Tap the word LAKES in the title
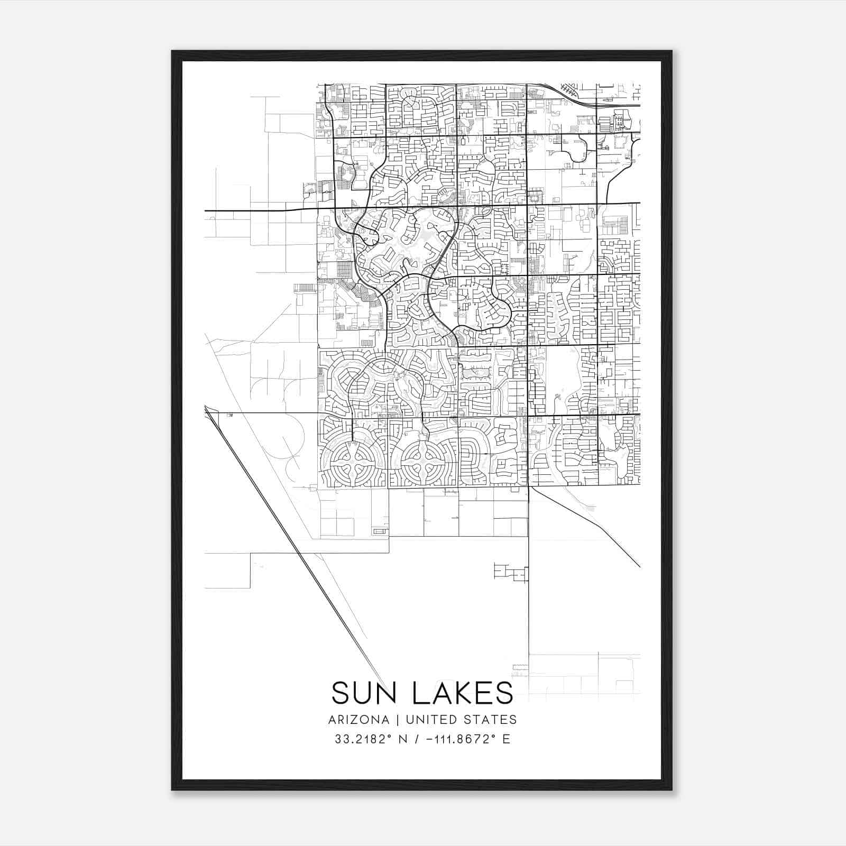tap(462, 693)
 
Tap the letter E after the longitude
tap(507, 739)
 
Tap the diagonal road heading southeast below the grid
tap(587, 529)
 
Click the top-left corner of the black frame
tap(172, 51)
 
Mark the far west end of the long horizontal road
tap(206, 210)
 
